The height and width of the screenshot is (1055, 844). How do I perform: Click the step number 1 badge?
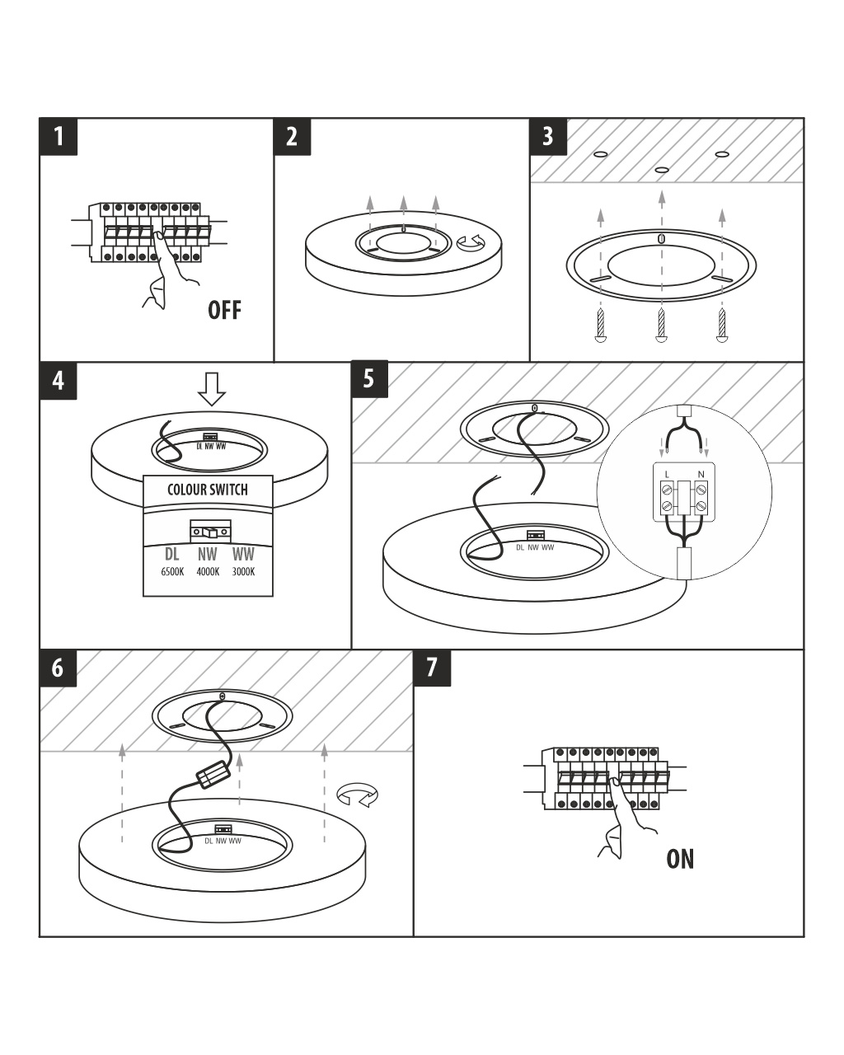pyautogui.click(x=59, y=136)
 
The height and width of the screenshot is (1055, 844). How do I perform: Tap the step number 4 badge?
pyautogui.click(x=59, y=381)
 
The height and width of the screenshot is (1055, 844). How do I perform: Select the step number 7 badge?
pyautogui.click(x=432, y=668)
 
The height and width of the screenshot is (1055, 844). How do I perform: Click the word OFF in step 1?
pyautogui.click(x=224, y=310)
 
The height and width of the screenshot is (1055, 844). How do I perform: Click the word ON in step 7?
pyautogui.click(x=680, y=859)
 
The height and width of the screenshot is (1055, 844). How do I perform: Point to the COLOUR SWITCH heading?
pyautogui.click(x=208, y=490)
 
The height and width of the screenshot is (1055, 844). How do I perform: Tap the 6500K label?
pyautogui.click(x=172, y=572)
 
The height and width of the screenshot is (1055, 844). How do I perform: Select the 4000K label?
pyautogui.click(x=208, y=572)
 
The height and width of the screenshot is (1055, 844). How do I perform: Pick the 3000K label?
pyautogui.click(x=243, y=572)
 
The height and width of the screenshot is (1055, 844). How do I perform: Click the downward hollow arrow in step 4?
pyautogui.click(x=212, y=388)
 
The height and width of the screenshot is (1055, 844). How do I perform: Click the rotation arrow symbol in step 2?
pyautogui.click(x=472, y=243)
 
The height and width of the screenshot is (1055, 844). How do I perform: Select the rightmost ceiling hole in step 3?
pyautogui.click(x=723, y=154)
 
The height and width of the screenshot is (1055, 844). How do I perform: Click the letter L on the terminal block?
pyautogui.click(x=667, y=474)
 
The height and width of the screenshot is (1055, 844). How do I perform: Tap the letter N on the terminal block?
pyautogui.click(x=701, y=474)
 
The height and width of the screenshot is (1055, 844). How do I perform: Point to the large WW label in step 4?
pyautogui.click(x=243, y=555)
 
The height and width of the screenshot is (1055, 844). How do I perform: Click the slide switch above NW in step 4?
pyautogui.click(x=210, y=532)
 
